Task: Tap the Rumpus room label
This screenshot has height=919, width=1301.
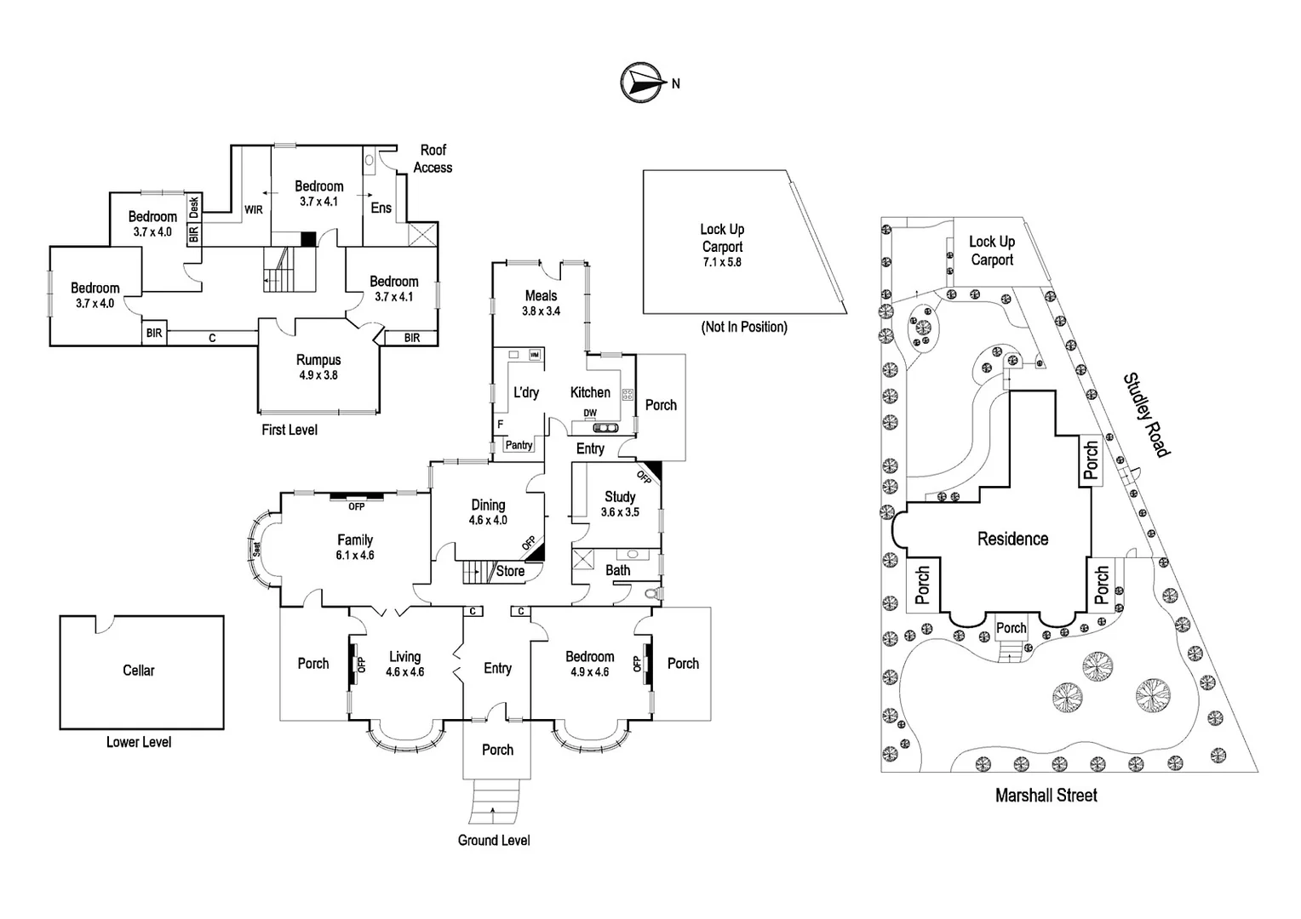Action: pos(318,367)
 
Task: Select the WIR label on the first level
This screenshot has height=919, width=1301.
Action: pos(253,209)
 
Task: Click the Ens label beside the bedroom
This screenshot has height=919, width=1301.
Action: pos(381,208)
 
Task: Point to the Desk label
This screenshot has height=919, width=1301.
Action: pos(194,208)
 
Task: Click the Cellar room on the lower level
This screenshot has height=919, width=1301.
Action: pos(141,672)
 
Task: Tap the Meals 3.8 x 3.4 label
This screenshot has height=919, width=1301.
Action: pos(541,303)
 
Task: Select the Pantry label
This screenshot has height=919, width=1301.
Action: pos(519,445)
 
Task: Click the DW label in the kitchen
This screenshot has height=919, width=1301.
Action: pos(590,414)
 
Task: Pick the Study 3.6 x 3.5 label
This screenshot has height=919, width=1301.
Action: pos(620,504)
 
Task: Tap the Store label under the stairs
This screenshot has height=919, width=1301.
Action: pos(510,571)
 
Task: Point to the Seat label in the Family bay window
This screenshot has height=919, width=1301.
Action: pos(257,549)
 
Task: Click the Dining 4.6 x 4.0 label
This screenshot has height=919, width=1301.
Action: pos(488,512)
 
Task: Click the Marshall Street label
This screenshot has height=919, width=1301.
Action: pos(1046,796)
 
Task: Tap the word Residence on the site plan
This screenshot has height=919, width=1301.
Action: pos(1012,539)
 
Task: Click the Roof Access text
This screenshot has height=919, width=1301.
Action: pos(433,158)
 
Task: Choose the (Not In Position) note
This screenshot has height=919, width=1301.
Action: pos(744,327)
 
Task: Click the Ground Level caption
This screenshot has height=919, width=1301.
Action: pos(494,840)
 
